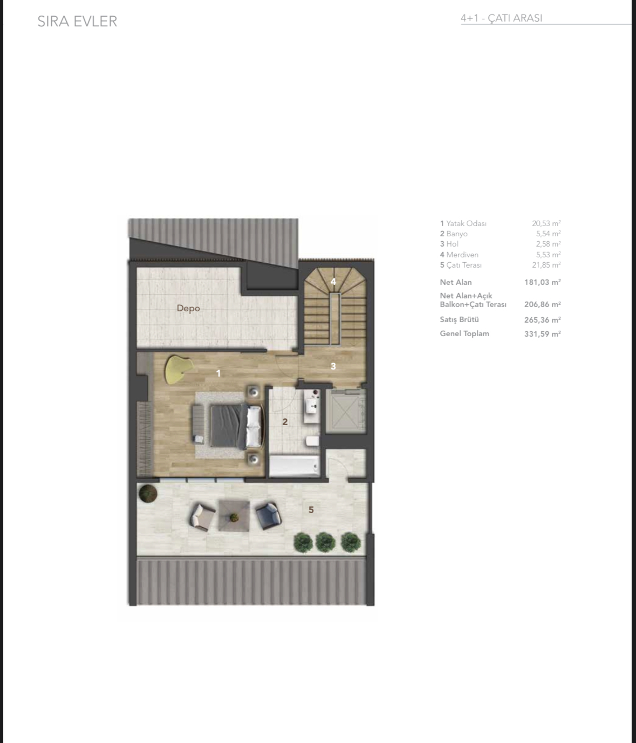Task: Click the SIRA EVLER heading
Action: click(x=77, y=22)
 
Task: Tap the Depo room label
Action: click(x=188, y=309)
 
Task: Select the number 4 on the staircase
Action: click(x=333, y=282)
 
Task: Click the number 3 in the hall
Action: click(x=333, y=366)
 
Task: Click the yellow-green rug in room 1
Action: click(x=177, y=369)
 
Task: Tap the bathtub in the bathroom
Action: click(x=294, y=466)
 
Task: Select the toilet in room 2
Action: click(x=312, y=441)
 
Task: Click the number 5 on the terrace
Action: click(x=311, y=510)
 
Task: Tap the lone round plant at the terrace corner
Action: click(x=147, y=493)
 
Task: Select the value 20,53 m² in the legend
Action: click(x=546, y=223)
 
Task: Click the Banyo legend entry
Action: click(x=454, y=234)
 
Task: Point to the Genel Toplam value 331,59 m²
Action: click(x=542, y=334)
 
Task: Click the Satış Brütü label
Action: click(x=459, y=319)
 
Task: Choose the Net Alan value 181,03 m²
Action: click(x=542, y=282)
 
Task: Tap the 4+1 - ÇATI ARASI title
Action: click(x=501, y=18)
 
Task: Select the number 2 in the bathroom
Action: click(x=285, y=422)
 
